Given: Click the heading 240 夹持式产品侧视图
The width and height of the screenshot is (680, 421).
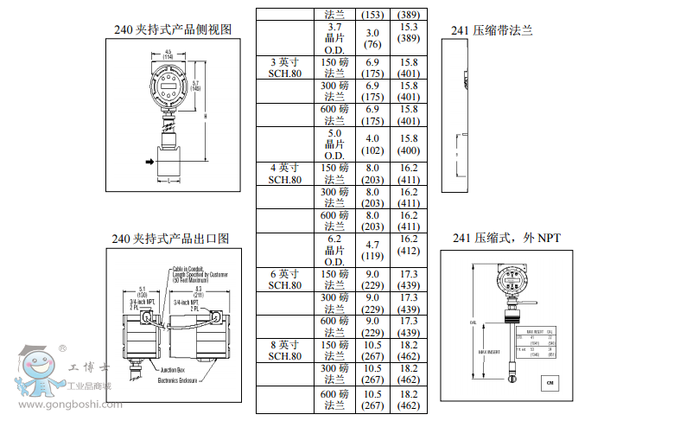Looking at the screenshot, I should (173, 29).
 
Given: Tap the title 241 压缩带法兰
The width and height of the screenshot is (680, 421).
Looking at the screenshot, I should (492, 30).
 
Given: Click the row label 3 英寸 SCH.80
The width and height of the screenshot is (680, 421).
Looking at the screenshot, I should (284, 68).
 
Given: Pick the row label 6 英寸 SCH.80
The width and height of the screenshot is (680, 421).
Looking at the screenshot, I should (284, 279).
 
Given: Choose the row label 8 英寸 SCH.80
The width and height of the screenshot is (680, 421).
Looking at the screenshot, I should (284, 350).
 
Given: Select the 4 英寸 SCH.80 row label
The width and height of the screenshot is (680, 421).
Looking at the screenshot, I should (284, 174).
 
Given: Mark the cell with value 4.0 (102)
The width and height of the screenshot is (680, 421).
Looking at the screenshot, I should (372, 144).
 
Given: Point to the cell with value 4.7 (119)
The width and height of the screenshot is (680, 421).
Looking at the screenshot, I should (372, 250).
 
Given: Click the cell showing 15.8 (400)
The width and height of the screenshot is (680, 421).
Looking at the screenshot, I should (408, 144).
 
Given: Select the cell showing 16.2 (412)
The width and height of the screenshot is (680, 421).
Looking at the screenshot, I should (408, 245).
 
